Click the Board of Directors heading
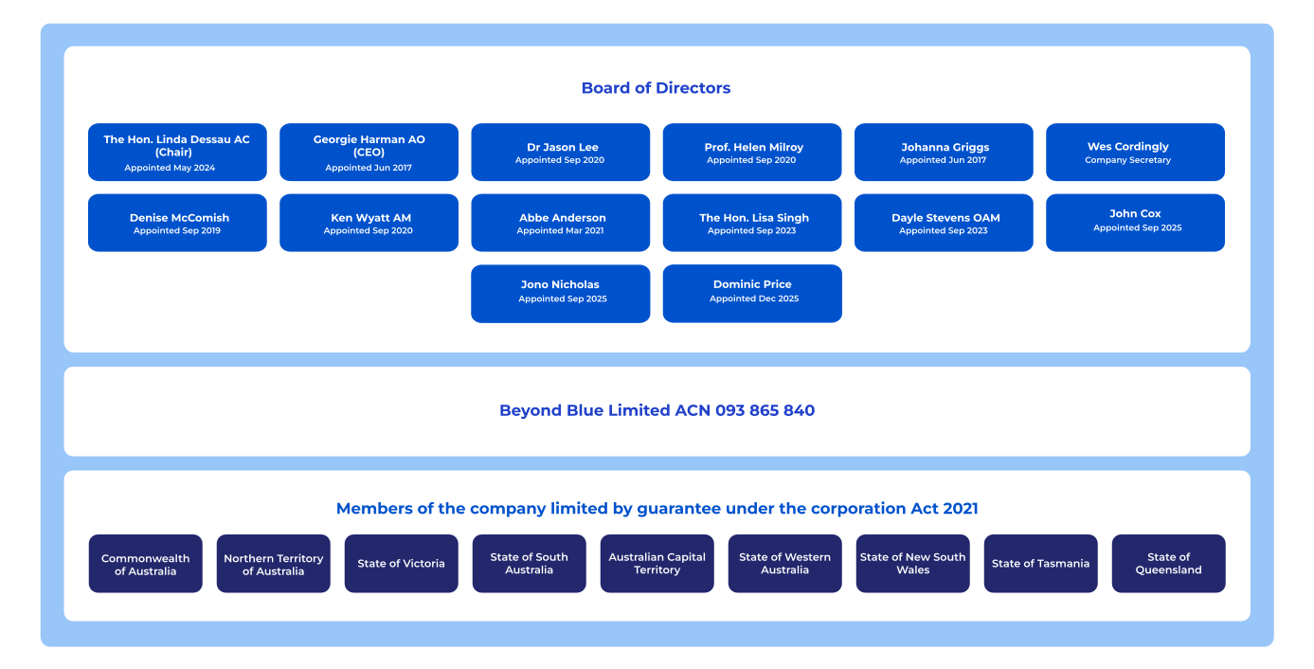[x=656, y=88]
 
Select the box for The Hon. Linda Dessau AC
[x=177, y=152]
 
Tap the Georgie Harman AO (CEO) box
[x=369, y=152]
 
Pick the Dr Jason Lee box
[x=560, y=152]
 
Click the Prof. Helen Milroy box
[x=752, y=152]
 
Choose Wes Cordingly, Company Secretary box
[x=1135, y=152]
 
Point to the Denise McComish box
[x=177, y=223]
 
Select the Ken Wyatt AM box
[x=369, y=223]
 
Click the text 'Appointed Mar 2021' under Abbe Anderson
[x=560, y=230]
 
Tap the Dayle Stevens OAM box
[x=944, y=223]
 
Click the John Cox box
[x=1135, y=223]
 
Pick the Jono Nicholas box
[x=560, y=294]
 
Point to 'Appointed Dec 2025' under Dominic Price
[x=754, y=298]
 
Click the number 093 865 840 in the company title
[x=765, y=410]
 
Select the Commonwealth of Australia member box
[x=146, y=564]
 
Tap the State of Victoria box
[x=402, y=564]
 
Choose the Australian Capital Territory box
[x=657, y=564]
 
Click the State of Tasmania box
[x=1040, y=564]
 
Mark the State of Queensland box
[x=1168, y=564]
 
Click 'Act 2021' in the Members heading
[x=944, y=508]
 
